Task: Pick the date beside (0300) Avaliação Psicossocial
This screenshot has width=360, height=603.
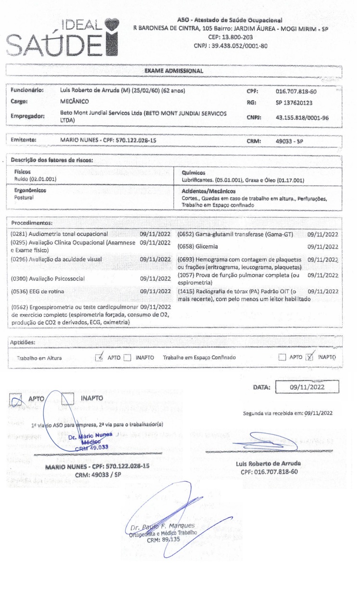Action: point(155,278)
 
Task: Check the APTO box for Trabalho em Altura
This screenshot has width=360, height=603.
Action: point(100,357)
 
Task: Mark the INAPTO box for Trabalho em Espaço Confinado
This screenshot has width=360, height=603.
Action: point(310,357)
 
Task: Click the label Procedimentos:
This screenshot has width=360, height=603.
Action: point(31,223)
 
